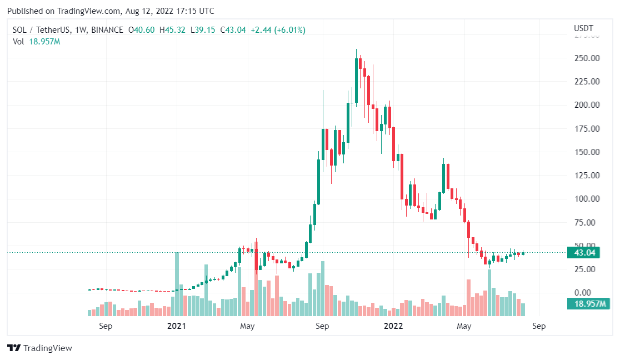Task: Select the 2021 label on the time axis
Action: [x=176, y=326]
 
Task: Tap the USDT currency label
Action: [x=583, y=28]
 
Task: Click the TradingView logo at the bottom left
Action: [x=39, y=348]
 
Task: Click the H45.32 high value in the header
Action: [x=172, y=30]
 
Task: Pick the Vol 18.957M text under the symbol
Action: [x=37, y=42]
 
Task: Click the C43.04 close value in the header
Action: [x=233, y=30]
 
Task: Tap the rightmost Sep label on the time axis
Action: [x=538, y=326]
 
